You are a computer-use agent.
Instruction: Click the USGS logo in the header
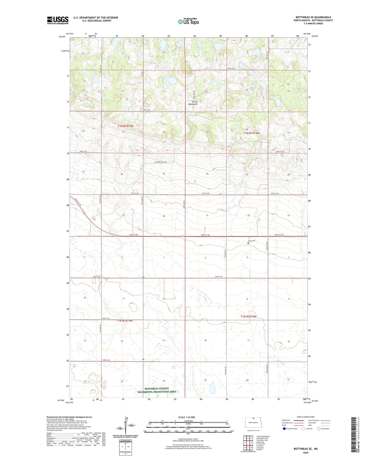[x=58, y=20]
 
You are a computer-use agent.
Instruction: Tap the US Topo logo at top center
[x=188, y=22]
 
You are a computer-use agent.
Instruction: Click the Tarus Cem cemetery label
[x=251, y=241]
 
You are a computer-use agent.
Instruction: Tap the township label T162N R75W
[x=126, y=126]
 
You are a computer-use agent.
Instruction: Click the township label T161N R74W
[x=248, y=317]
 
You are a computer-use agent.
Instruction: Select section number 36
[x=164, y=216]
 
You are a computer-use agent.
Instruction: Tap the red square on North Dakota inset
[x=253, y=421]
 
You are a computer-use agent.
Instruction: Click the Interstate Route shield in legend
[x=284, y=429]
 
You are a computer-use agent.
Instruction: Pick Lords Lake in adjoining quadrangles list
[x=260, y=444]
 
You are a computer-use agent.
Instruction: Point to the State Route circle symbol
[x=319, y=429]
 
